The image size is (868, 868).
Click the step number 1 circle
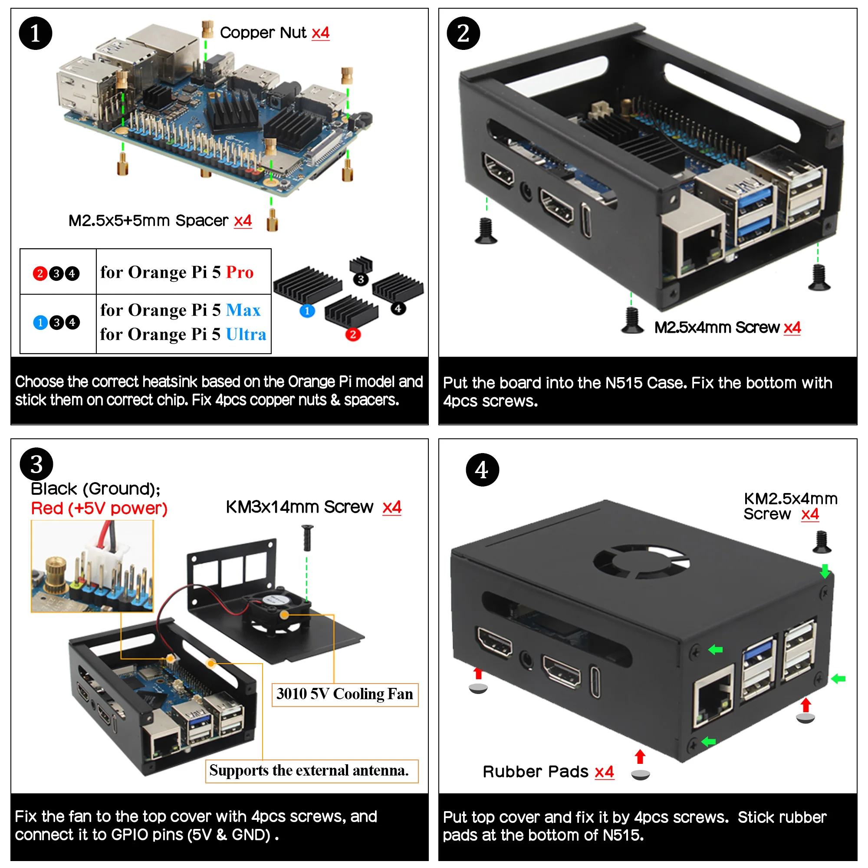(x=35, y=33)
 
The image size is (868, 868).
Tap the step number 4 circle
(x=482, y=470)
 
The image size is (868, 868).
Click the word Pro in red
(x=240, y=272)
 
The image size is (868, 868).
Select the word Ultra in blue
(x=246, y=334)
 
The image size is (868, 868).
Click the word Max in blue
(x=243, y=310)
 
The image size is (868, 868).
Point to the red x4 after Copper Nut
(x=320, y=33)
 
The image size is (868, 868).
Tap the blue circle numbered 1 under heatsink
(x=307, y=311)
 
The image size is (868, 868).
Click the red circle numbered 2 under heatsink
(x=353, y=334)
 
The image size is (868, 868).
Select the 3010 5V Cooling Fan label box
(x=345, y=694)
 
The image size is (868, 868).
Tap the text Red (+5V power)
(x=99, y=509)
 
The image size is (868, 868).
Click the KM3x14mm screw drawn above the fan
(x=307, y=537)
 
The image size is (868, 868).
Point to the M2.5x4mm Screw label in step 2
(x=717, y=328)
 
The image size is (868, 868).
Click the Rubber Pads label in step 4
(x=535, y=772)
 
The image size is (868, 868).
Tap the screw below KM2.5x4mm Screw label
(x=822, y=542)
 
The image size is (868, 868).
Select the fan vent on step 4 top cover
(x=641, y=562)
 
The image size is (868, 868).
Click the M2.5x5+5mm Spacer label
(x=148, y=220)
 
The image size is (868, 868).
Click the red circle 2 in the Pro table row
(x=40, y=273)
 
